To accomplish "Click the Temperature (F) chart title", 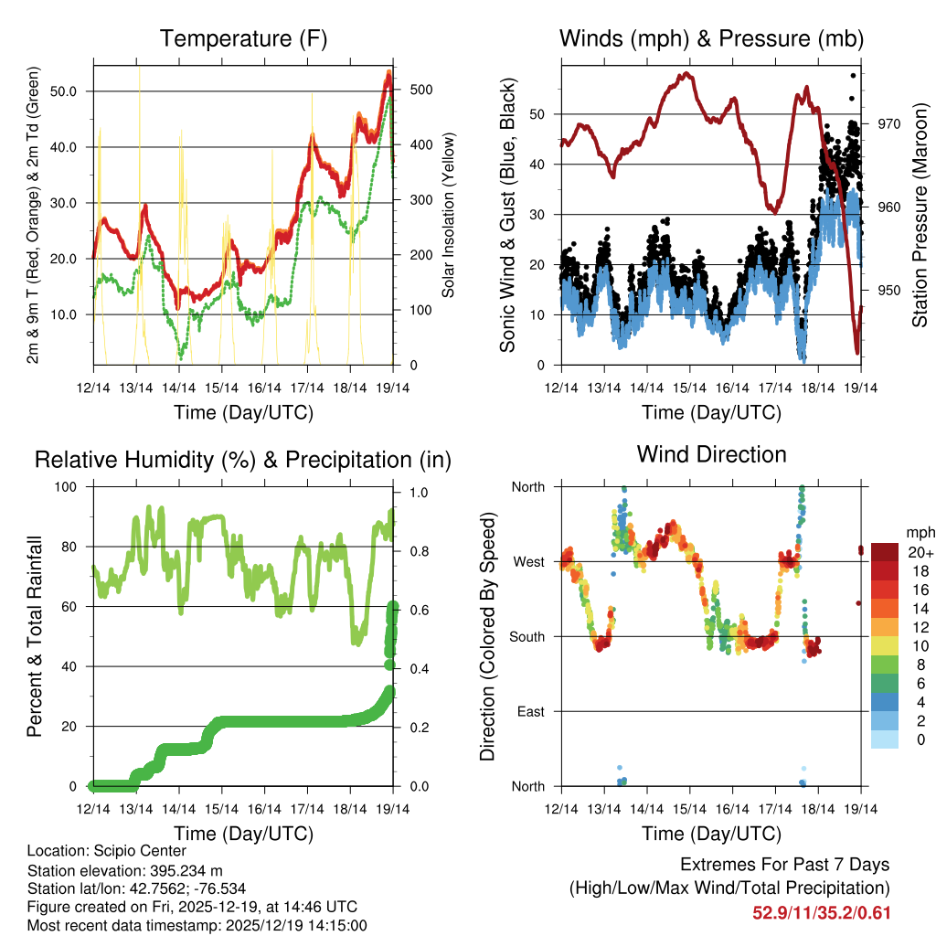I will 243,38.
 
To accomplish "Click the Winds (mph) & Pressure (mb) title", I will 711,38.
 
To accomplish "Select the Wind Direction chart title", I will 711,454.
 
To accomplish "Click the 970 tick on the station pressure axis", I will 889,123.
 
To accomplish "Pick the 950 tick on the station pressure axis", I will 889,291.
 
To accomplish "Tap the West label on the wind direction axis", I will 528,561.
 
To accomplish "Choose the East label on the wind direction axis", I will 529,711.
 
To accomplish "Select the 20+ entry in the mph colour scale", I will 920,553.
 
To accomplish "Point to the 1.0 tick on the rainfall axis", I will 414,492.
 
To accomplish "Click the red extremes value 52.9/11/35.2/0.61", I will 821,913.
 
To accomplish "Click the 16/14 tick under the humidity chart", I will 264,809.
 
